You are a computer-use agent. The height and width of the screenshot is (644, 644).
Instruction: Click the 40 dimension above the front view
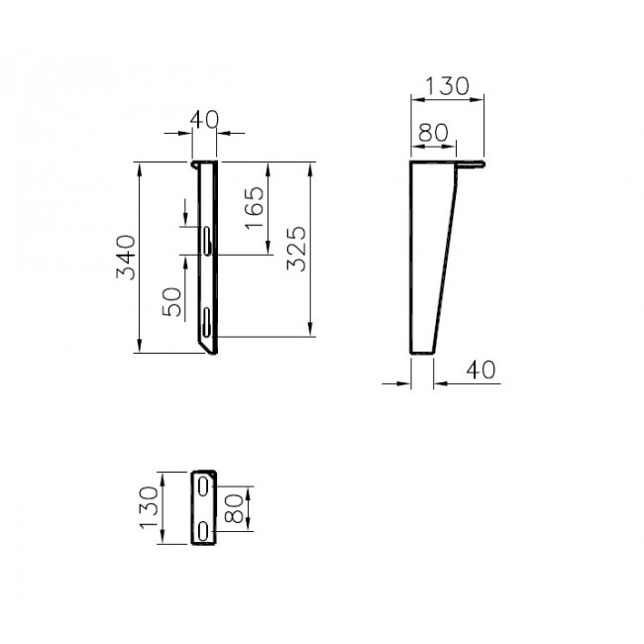[203, 120]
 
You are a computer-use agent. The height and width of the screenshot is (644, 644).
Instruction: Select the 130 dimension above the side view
[447, 86]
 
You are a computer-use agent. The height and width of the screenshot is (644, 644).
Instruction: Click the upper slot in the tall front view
[205, 242]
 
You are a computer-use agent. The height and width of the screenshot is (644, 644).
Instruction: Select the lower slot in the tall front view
[205, 319]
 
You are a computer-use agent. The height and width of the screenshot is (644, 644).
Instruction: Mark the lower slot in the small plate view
[202, 529]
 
